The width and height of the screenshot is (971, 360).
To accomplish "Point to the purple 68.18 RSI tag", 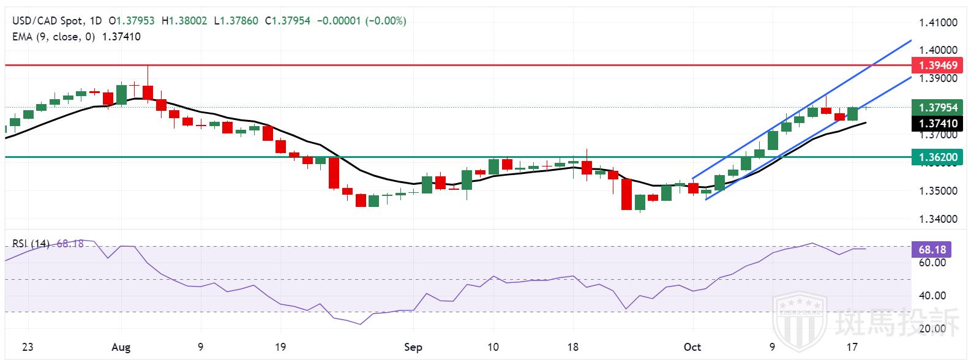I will (x=932, y=249).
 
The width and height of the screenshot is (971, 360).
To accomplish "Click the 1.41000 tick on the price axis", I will (x=938, y=23).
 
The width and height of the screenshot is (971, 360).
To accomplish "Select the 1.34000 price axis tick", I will (x=938, y=219).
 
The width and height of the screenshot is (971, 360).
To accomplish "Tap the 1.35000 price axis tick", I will (x=938, y=191).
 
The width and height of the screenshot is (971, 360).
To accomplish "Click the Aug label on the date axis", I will (x=121, y=347).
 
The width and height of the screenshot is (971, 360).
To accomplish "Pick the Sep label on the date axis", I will (x=413, y=347).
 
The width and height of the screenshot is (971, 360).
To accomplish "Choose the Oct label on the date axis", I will (x=692, y=347).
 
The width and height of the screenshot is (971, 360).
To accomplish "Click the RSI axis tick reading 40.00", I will (x=933, y=296).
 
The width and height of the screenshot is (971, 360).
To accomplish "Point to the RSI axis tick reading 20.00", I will (x=933, y=329).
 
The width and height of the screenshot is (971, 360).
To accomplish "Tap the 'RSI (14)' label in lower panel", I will (x=31, y=244).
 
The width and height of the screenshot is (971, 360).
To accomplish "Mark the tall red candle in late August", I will (x=334, y=173).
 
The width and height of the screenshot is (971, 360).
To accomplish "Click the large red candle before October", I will (x=626, y=194).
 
